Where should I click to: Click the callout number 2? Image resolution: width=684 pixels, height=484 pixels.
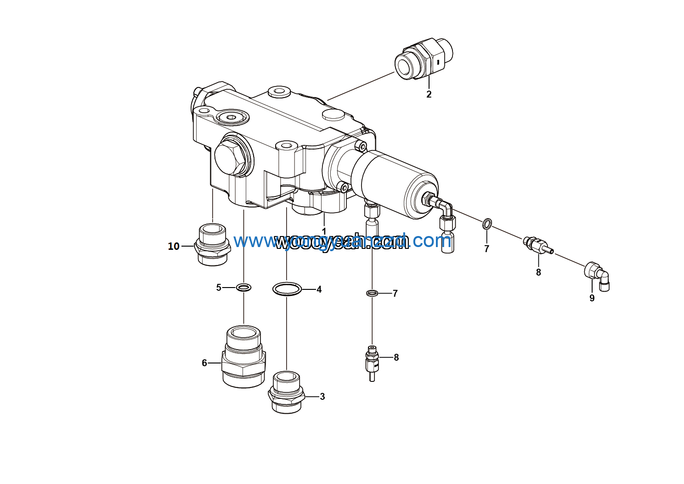tap(429, 94)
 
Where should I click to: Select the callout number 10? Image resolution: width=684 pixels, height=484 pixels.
tap(174, 247)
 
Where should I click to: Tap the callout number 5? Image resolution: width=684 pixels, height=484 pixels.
tap(219, 288)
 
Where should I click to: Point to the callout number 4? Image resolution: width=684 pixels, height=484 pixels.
tap(319, 289)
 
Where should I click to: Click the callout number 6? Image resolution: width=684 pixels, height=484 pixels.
tap(204, 363)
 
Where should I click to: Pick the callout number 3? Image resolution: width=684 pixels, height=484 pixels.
tap(322, 397)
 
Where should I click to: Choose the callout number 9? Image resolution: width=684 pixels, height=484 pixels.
tap(592, 298)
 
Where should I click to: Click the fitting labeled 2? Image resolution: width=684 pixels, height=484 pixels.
tap(424, 59)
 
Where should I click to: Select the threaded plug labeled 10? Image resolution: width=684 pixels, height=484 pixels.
tap(213, 244)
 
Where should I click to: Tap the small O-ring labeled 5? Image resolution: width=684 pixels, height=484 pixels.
tap(243, 288)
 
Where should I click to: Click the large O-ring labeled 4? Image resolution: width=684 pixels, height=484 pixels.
tap(287, 289)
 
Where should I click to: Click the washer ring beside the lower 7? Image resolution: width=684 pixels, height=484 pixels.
tap(372, 293)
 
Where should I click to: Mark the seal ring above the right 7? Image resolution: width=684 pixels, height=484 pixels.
tap(487, 224)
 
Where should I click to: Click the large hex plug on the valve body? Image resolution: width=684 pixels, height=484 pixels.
tap(229, 157)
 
